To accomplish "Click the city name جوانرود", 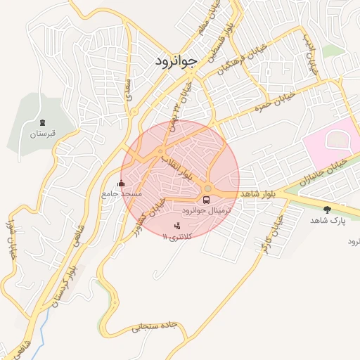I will [x=179, y=61].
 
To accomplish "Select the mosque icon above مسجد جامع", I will [x=121, y=184].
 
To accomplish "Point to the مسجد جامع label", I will [x=122, y=193].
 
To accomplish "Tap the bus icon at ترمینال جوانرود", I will [x=206, y=200].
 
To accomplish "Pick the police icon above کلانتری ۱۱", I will [x=176, y=226].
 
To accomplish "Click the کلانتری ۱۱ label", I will [x=177, y=237].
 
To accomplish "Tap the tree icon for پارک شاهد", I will [x=327, y=210].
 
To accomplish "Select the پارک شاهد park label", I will [x=328, y=220].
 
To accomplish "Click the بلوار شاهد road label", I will [x=261, y=193].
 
